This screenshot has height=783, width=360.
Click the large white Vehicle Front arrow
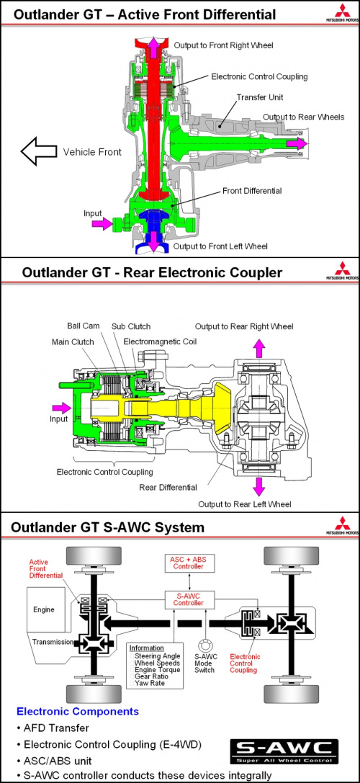point(38,152)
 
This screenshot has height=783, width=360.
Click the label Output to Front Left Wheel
point(220,246)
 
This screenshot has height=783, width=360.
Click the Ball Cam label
point(84,326)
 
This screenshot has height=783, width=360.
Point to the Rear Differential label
point(168,488)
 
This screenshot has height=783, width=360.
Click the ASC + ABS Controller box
point(189,563)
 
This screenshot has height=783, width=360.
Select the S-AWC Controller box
point(189,600)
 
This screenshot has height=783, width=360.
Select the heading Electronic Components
point(78,711)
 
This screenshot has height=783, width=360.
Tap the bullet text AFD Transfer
point(55,728)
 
